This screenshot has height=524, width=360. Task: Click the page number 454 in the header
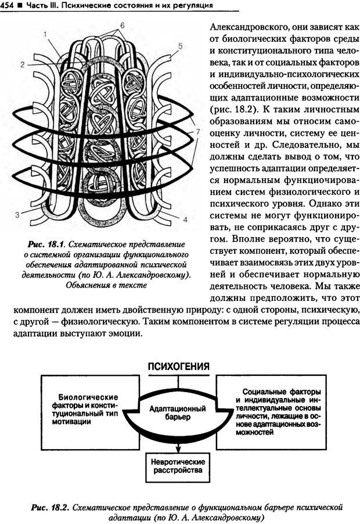[x=8, y=5]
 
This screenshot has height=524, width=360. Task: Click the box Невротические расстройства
[x=177, y=464]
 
